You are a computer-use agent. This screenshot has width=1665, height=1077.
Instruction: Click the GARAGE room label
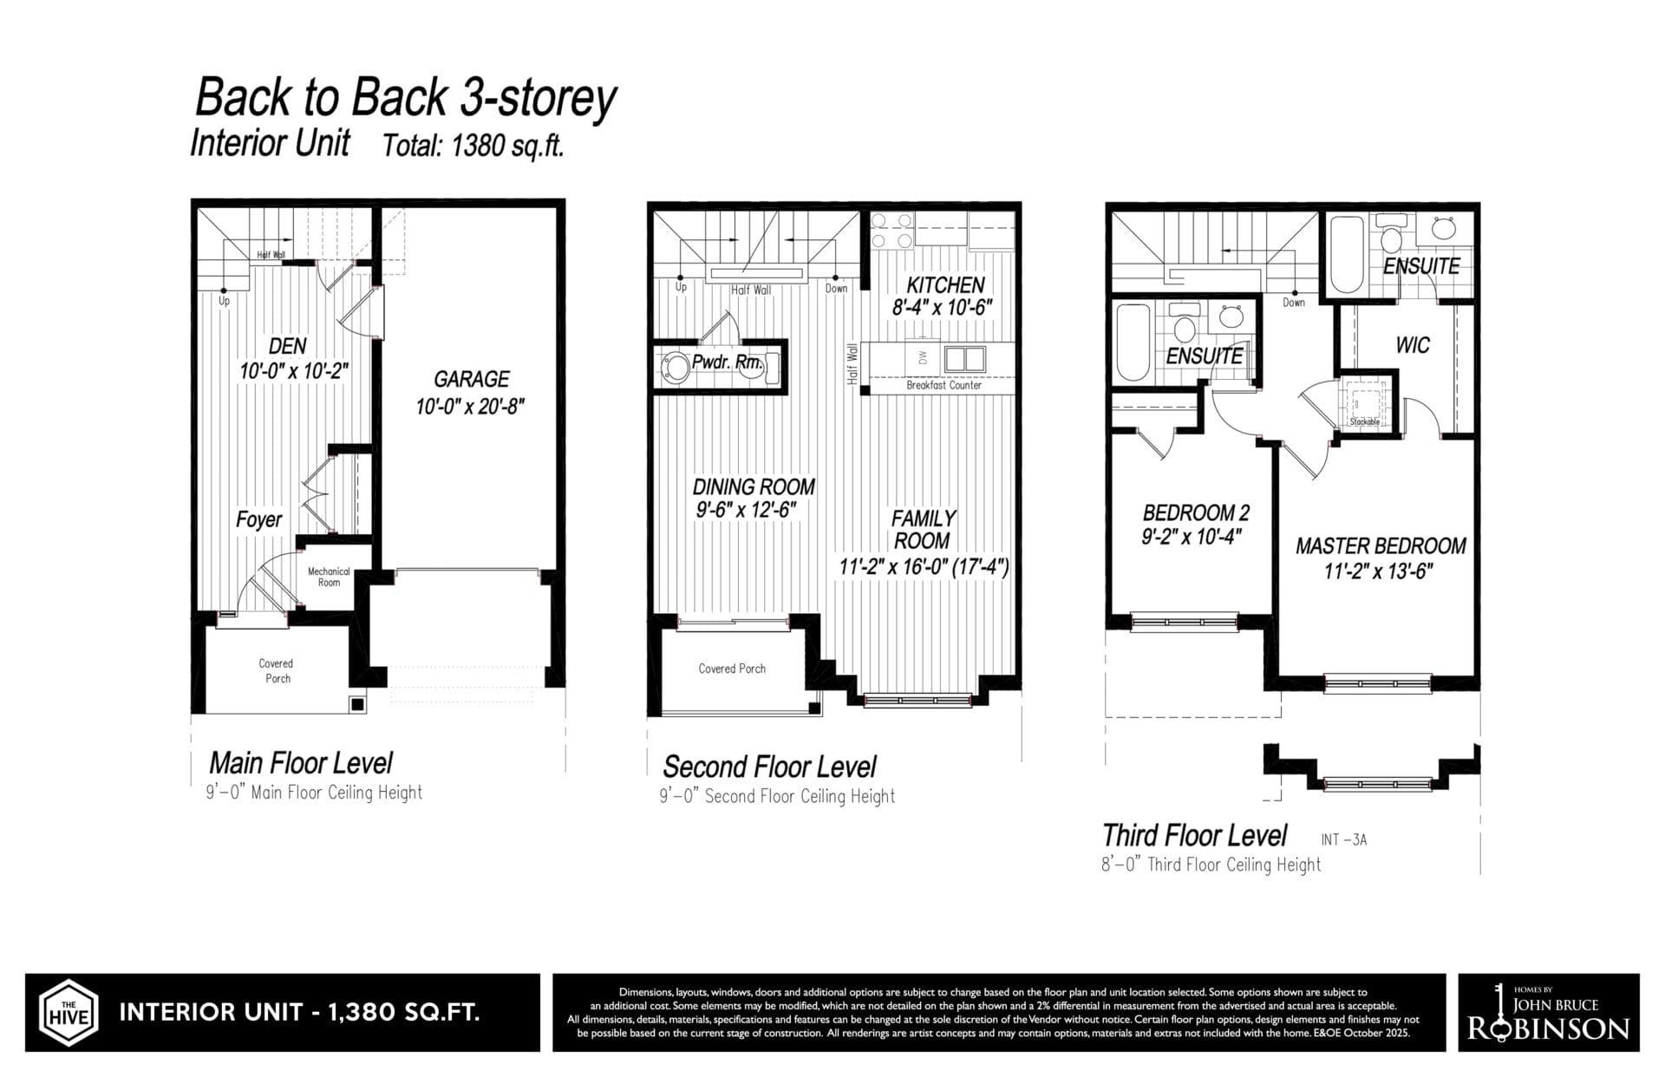point(471,379)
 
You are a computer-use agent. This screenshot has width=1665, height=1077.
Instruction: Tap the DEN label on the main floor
point(287,346)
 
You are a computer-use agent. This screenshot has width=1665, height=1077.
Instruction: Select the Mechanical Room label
point(329,577)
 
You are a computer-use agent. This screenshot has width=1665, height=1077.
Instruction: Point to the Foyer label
point(258,519)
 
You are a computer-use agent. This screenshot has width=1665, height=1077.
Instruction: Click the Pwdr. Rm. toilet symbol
point(673,366)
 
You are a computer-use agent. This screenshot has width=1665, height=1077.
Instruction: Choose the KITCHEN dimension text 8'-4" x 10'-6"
point(942,307)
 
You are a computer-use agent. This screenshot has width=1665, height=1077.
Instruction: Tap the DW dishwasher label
point(922,357)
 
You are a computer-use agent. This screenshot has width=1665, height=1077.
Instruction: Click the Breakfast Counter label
point(943,385)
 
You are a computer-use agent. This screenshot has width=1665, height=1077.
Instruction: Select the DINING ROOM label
point(754,486)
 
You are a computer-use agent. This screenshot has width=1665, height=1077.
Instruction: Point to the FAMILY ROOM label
point(923,529)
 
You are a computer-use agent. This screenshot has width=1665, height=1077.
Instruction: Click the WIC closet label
point(1413,345)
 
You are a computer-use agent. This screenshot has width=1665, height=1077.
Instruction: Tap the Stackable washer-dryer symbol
point(1364,403)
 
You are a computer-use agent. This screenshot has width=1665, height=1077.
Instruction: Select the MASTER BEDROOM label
point(1381,546)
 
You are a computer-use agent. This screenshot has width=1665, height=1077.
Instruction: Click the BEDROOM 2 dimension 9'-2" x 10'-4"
point(1192,537)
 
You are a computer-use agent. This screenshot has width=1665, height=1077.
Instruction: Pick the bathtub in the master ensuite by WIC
point(1347,254)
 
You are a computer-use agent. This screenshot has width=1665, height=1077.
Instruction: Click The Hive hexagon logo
point(68,1013)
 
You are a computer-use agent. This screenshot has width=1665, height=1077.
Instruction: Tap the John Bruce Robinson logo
point(1549,1012)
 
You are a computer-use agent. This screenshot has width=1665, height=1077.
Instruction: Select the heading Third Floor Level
point(1194,835)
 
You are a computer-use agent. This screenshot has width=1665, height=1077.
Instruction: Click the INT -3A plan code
point(1344,839)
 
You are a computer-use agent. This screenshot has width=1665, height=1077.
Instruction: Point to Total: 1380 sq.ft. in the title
point(473,146)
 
